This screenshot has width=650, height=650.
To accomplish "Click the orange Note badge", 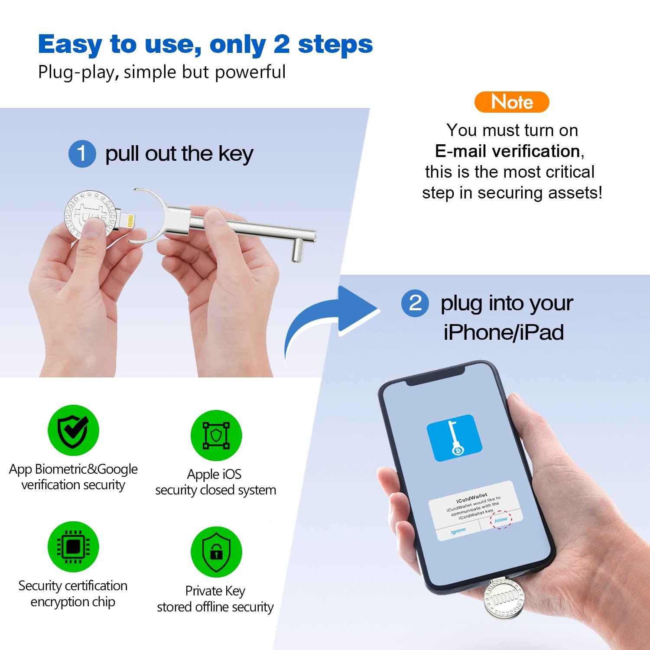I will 512,102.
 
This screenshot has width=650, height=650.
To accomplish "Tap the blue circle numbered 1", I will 82,154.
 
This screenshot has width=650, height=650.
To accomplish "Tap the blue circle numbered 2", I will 415,303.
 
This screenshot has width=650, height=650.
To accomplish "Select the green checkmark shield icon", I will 73,430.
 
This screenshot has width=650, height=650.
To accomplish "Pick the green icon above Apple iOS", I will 216,435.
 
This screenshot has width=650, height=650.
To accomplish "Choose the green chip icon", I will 73,547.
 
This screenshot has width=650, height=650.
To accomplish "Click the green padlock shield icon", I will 216,552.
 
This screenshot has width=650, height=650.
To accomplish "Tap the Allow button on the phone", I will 501,520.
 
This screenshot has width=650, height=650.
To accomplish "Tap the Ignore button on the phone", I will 458,531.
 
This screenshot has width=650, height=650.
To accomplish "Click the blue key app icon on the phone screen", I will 454,438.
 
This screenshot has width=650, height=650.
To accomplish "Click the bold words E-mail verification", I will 507,151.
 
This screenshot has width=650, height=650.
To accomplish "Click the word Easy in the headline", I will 70,45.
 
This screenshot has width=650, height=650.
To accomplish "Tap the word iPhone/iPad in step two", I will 504,332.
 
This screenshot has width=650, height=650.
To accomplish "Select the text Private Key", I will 215,591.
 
